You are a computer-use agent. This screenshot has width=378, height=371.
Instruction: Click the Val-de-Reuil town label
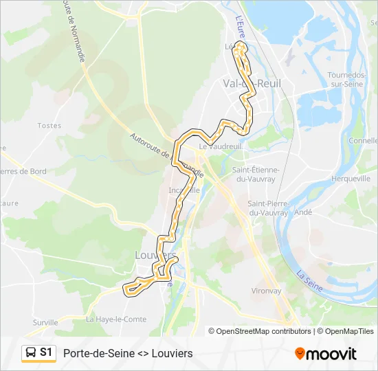(x=252, y=83)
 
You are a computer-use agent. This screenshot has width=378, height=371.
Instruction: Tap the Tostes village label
(x=49, y=126)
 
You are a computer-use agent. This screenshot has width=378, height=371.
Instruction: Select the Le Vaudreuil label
(x=221, y=146)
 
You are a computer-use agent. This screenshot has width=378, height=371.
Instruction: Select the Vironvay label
(x=266, y=291)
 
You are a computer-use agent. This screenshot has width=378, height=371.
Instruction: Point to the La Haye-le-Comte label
(x=116, y=319)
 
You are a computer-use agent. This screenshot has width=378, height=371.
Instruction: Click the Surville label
(x=45, y=322)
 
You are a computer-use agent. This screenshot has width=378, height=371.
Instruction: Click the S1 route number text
(x=46, y=352)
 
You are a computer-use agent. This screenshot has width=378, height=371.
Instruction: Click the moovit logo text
(x=331, y=353)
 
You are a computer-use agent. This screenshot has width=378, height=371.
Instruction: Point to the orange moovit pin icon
(x=300, y=353)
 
